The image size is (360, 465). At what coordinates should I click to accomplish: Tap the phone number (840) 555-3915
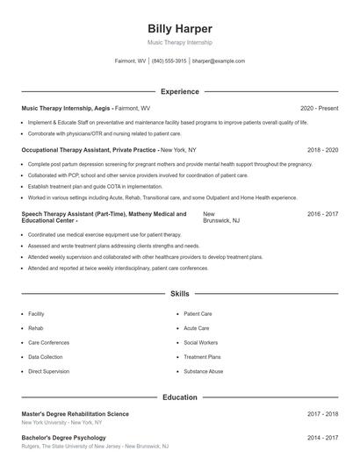pos(169,61)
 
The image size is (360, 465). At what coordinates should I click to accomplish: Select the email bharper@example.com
pos(218,61)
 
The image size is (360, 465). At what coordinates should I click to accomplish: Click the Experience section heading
pos(179,91)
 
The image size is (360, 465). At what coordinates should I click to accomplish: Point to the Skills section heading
pos(179,294)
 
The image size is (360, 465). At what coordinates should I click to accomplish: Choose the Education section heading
pos(179,397)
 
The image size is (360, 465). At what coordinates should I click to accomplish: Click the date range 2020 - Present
pos(319,108)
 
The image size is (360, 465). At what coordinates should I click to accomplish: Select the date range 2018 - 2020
pos(322,150)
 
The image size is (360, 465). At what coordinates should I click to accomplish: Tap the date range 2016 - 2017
pos(322,214)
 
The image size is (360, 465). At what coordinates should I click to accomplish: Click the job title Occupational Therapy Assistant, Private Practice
pos(89,150)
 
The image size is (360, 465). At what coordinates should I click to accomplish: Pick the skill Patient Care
pos(198,313)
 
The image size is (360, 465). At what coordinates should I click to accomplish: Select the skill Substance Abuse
pos(203,371)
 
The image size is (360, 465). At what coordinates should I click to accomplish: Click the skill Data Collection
pos(46,357)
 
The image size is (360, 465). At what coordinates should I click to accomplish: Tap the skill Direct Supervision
pos(48,371)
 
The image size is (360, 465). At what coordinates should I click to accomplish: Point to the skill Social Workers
pos(200,342)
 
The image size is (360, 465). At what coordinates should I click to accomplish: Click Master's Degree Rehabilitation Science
pos(76,413)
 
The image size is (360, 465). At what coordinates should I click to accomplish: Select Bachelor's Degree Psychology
pos(63,437)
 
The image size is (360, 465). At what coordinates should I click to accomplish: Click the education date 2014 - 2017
pos(322,437)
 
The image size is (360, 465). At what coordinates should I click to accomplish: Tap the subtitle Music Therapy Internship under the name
pos(179,42)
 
